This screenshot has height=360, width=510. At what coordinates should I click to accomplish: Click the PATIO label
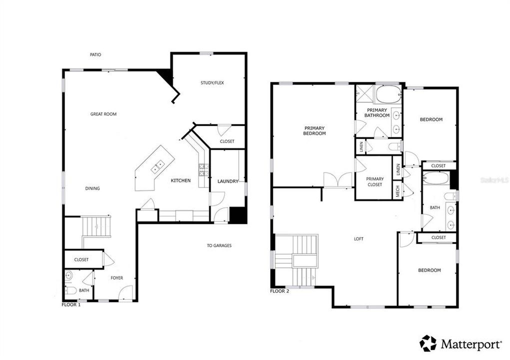[x=95, y=54]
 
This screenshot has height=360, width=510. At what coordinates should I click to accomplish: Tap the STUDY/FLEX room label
[x=212, y=83]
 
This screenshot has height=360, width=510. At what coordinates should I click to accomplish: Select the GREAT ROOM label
[x=103, y=114]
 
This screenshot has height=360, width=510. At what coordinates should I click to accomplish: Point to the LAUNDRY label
[x=227, y=181]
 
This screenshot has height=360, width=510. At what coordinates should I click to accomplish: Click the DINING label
[x=92, y=188]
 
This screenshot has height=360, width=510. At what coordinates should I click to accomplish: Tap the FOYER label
[x=116, y=278]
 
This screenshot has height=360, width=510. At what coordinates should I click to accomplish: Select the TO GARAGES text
[x=219, y=245]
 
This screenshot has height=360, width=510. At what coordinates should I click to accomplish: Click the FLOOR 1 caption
[x=71, y=304]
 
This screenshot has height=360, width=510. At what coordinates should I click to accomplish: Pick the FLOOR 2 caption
[x=279, y=291]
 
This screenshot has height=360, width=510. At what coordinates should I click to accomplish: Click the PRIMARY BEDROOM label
[x=315, y=131]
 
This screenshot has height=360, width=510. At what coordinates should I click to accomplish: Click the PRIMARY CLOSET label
[x=374, y=181]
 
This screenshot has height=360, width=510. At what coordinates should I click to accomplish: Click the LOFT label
[x=358, y=239]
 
